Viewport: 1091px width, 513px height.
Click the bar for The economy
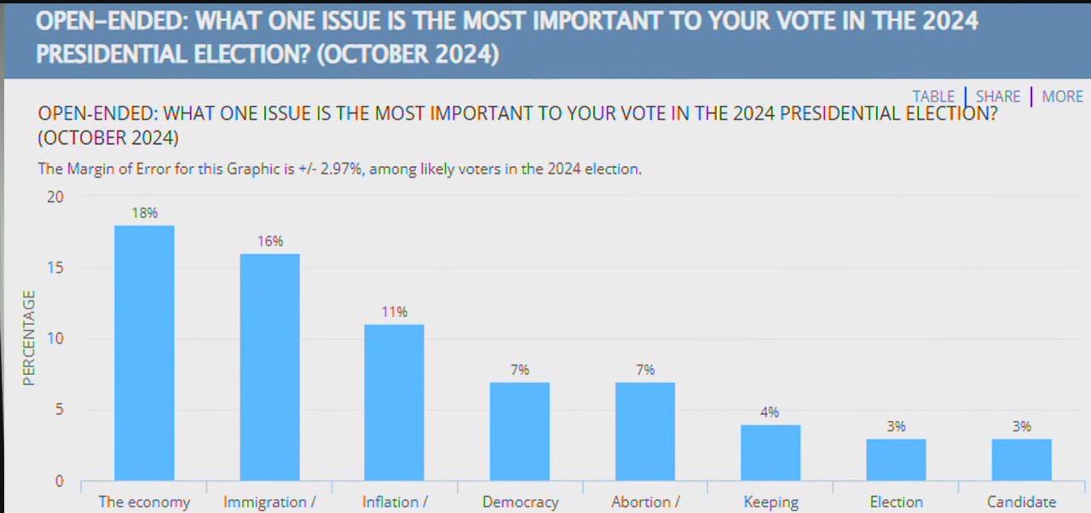tap(144, 353)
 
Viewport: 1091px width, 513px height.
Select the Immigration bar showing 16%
tap(269, 367)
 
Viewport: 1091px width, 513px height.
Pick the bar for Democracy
tap(519, 431)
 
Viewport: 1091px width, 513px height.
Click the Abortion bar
tap(644, 431)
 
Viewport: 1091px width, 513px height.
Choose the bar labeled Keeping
tap(770, 452)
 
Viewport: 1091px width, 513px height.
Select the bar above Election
tap(895, 459)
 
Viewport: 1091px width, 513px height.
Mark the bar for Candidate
tap(1021, 459)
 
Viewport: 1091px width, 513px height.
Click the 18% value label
tap(144, 213)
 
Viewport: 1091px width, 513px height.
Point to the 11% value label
tap(394, 312)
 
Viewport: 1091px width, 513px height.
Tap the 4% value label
tap(770, 412)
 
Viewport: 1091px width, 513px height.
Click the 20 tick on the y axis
tap(55, 197)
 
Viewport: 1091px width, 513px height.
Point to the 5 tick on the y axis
tap(59, 410)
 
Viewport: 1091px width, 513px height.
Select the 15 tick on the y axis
tap(55, 268)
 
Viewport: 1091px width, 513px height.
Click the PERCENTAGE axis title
tap(29, 338)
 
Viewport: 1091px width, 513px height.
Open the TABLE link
tap(933, 96)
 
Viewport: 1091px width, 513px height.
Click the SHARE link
tap(998, 96)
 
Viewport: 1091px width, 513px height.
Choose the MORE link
tap(1062, 96)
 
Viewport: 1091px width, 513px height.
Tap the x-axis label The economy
tap(144, 502)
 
